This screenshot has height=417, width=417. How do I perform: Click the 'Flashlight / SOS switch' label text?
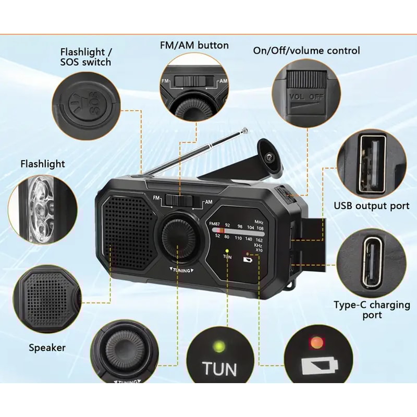[85, 57]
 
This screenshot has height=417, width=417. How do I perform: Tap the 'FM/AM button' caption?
[194, 45]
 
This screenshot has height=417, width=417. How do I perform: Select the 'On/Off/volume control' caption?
[306, 51]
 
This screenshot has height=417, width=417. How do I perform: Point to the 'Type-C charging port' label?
[372, 310]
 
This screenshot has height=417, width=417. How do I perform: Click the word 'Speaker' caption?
[47, 348]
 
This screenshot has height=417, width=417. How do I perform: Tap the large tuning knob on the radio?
[179, 235]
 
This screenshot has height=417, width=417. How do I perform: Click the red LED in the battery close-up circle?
[315, 343]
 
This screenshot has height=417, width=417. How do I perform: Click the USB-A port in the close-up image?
[372, 163]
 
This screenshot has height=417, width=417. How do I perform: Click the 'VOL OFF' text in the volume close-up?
[306, 97]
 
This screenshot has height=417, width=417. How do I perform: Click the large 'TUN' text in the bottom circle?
[219, 369]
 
